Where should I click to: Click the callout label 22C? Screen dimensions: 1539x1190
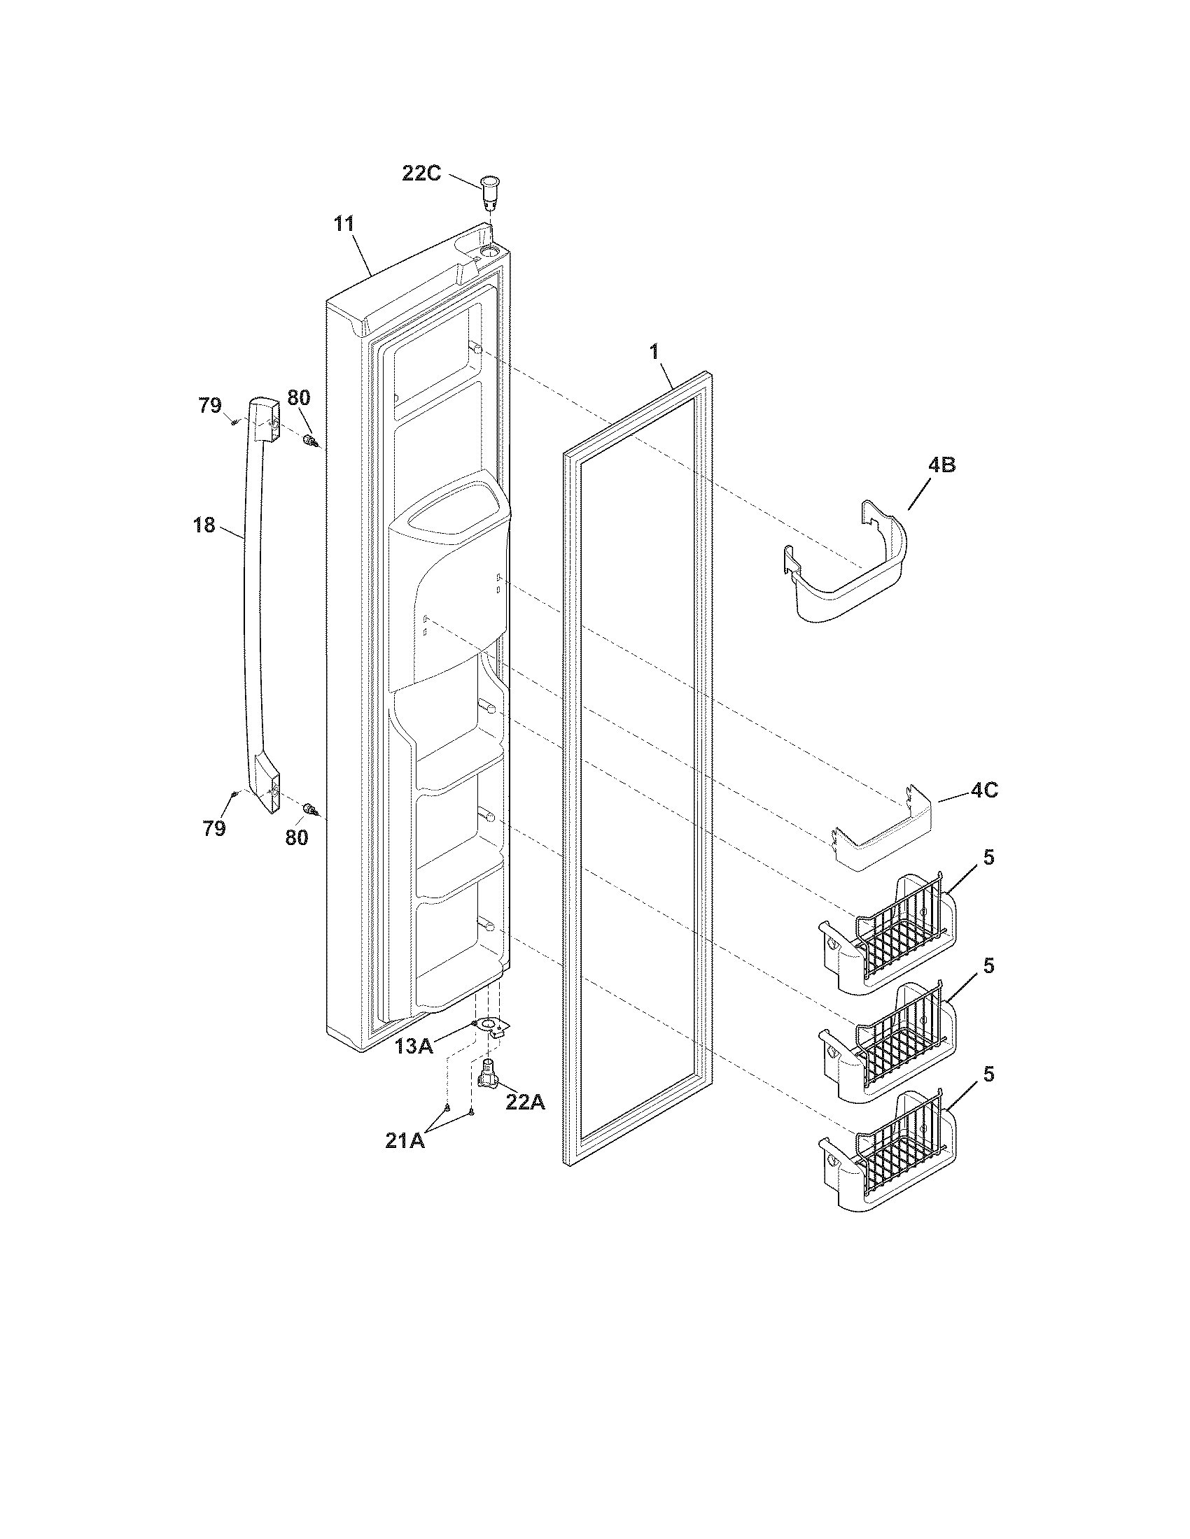point(421,173)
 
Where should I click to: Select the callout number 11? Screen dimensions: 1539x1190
point(344,224)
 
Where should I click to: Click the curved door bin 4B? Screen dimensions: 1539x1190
point(846,567)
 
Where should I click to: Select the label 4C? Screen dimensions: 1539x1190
point(983,790)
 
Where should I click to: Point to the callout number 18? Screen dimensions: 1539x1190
point(204,525)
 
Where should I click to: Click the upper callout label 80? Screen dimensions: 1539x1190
point(298,397)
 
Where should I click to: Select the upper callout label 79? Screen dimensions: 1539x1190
point(209,406)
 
